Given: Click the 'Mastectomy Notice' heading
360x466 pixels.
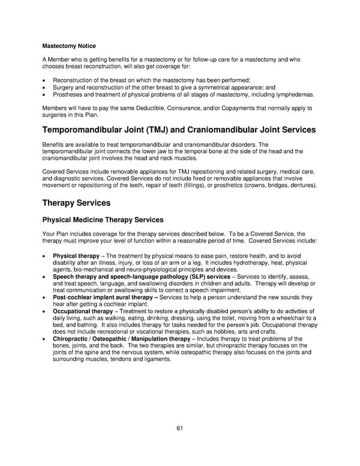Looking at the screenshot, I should [x=68, y=46].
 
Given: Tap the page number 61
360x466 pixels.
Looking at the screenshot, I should [x=179, y=428].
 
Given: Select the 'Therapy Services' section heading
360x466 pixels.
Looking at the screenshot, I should [x=76, y=203].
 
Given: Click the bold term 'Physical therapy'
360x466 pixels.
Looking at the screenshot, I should [x=76, y=256].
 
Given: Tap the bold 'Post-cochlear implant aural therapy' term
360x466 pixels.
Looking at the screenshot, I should [x=102, y=297].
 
